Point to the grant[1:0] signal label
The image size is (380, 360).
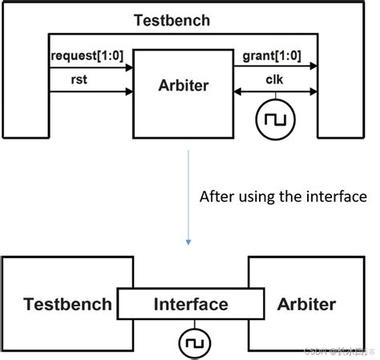[271, 56]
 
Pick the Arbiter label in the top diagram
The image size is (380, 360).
[183, 85]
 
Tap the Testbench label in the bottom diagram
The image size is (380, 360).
[65, 304]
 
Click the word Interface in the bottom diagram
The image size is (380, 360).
[190, 304]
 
